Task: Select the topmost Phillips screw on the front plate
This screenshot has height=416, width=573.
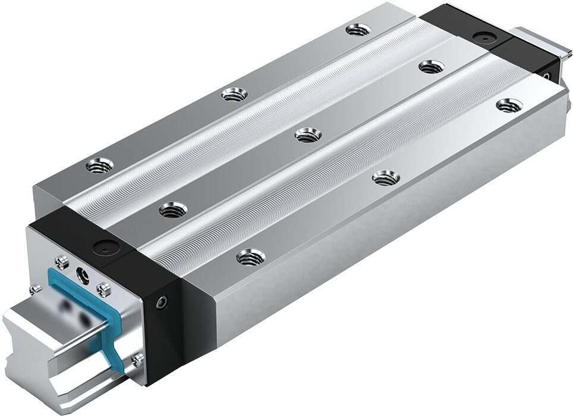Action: click(x=60, y=261)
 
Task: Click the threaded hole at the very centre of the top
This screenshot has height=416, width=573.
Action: click(x=306, y=136)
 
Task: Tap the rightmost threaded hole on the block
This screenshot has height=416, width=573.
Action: click(x=506, y=105)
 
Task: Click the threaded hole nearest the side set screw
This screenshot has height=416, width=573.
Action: click(x=249, y=257)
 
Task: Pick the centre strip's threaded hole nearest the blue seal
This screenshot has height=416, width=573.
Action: click(x=173, y=209)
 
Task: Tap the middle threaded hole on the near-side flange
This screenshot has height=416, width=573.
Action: click(x=385, y=177)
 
